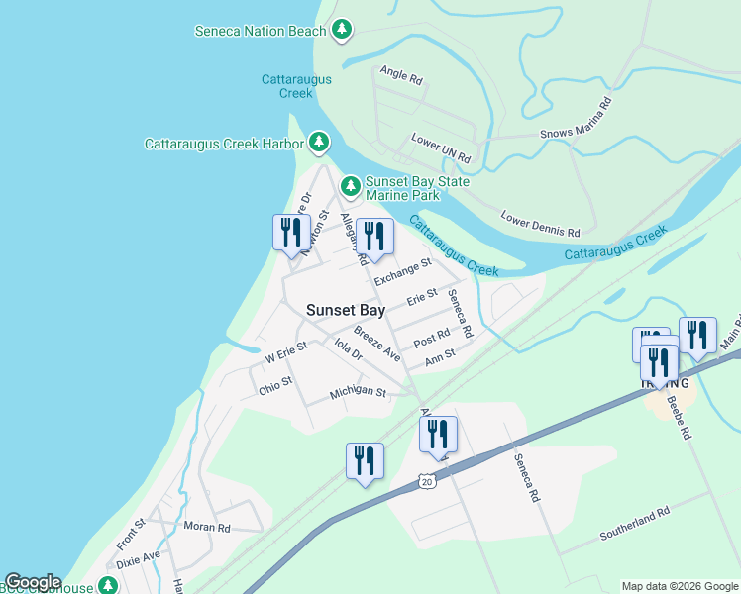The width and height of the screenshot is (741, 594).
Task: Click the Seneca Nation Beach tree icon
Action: pos(342,30)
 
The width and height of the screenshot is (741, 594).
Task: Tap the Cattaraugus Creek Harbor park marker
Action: pos(318,144)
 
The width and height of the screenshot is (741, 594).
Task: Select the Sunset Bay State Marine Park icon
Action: pos(350,186)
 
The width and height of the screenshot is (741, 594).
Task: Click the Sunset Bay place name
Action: pos(345,310)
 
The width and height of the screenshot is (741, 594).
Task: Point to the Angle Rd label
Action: pos(401,73)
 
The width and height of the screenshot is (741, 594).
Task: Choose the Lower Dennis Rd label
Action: pos(540,223)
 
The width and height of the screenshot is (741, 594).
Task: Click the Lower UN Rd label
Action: pos(442,149)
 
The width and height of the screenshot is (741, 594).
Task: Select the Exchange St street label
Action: pos(402,269)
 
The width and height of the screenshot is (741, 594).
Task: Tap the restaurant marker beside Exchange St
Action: pos(373,236)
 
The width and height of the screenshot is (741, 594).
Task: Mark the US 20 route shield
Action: pos(426,481)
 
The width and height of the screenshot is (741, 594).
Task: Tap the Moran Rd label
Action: pos(206,528)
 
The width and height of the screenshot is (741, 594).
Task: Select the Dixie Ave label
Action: pos(138,559)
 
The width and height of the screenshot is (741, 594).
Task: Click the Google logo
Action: pos(33,583)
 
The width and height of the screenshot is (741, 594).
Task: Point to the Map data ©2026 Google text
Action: pos(680,586)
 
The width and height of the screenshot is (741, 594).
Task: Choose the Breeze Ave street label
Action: pos(377,345)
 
